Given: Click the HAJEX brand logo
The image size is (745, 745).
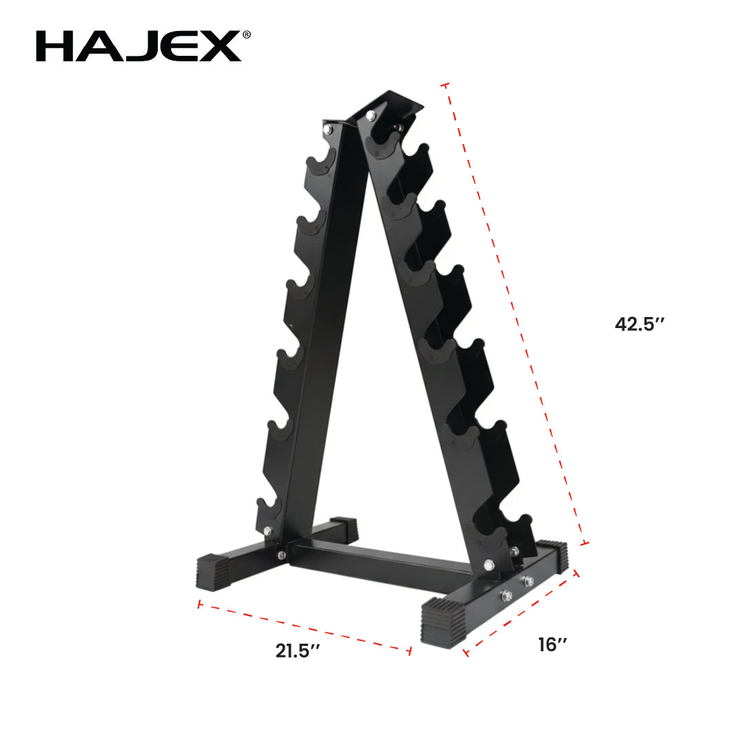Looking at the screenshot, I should [x=138, y=47].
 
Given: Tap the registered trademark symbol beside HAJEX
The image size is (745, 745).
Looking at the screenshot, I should [x=246, y=34].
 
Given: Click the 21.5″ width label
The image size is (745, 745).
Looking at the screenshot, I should [x=298, y=650].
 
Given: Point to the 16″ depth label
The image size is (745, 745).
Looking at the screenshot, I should [x=553, y=644].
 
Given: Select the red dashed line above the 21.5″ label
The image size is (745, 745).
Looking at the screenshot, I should [x=303, y=626].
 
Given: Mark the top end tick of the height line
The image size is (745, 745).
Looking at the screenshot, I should [x=445, y=85].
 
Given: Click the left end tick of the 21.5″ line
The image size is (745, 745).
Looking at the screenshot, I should [x=198, y=604].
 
